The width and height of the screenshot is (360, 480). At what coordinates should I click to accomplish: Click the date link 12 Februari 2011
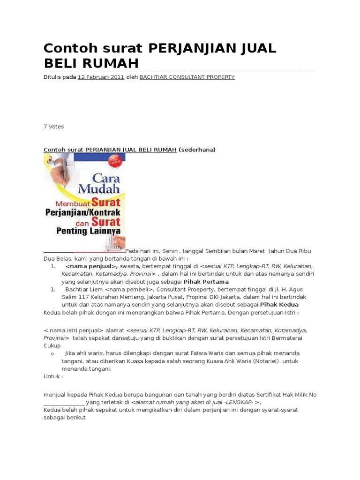(x=101, y=77)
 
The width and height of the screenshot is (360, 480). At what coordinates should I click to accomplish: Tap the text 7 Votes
(x=53, y=127)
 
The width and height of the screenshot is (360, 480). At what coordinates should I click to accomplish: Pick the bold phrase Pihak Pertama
(x=206, y=282)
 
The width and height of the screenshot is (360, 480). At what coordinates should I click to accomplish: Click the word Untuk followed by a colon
(x=53, y=376)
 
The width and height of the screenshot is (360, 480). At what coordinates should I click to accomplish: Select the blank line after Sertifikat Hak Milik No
(x=64, y=402)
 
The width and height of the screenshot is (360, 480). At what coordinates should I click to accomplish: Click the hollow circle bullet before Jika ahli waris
(x=52, y=353)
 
